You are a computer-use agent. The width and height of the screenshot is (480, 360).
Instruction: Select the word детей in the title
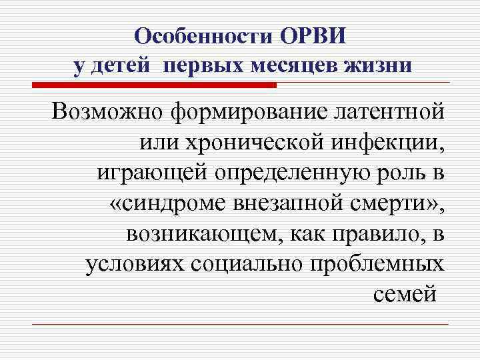point(125,66)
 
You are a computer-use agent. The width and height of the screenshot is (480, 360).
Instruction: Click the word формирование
point(237,112)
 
